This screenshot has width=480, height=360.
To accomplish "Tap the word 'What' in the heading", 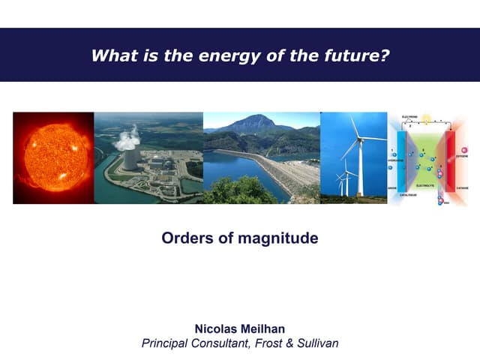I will click(x=109, y=55).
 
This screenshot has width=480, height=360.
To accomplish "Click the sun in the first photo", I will click(x=52, y=157).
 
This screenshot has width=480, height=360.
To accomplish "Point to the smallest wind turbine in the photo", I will click(x=339, y=180).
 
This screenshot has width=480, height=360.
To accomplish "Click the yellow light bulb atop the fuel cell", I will click(x=426, y=118).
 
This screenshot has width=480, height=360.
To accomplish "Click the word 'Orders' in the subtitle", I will click(x=184, y=238).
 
